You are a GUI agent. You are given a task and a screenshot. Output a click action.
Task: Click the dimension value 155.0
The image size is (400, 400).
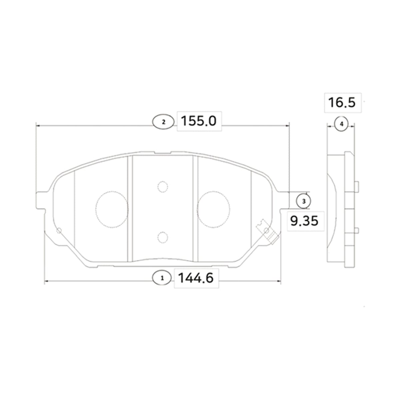pyautogui.click(x=199, y=121)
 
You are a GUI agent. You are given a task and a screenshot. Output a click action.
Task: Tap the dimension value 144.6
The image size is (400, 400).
pyautogui.click(x=196, y=278)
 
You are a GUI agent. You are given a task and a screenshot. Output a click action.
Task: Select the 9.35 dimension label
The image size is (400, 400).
pyautogui.click(x=304, y=221)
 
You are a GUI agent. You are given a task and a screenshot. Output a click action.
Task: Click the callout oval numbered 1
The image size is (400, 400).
pyautogui.click(x=162, y=278)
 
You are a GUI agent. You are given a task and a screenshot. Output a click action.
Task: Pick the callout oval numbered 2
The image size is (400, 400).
pyautogui.click(x=163, y=122)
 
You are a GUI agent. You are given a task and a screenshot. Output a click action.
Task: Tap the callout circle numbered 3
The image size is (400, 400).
pyautogui.click(x=304, y=201)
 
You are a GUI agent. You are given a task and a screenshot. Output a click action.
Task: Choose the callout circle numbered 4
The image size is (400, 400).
pyautogui.click(x=341, y=124)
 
